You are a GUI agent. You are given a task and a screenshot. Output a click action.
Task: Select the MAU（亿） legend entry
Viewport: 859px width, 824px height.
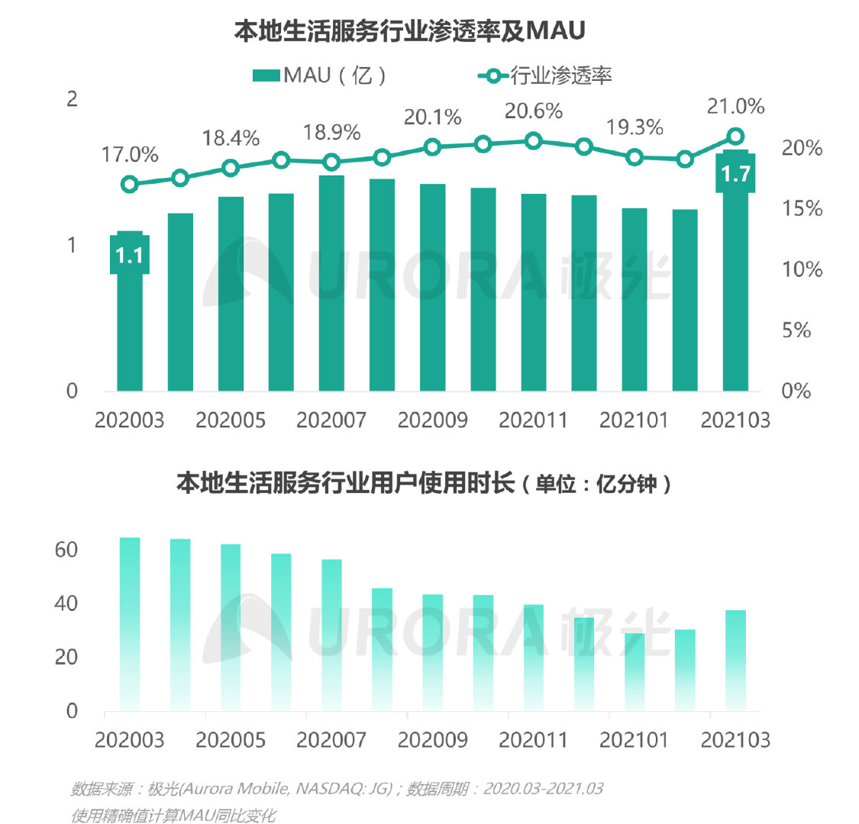pos(321,75)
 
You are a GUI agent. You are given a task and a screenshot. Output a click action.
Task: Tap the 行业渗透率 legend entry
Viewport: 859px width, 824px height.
pos(545,75)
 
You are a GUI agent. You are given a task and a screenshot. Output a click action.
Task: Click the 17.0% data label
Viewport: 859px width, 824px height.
pos(130,155)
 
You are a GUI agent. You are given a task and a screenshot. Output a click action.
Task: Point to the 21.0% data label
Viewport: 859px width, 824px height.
pos(735,106)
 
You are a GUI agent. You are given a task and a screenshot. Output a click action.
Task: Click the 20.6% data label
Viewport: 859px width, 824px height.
pos(534,111)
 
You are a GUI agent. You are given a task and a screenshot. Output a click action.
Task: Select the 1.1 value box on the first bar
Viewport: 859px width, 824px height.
pos(130,254)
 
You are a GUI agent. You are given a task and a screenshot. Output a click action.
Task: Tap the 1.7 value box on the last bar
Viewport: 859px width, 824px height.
pos(735,173)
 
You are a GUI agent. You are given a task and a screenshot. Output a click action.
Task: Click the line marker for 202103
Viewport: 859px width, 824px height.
pos(735,137)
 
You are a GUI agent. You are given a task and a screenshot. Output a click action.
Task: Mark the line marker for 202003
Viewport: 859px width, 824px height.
pos(130,184)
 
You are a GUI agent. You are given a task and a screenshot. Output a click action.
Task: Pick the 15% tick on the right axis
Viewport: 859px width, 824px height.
pos(802,208)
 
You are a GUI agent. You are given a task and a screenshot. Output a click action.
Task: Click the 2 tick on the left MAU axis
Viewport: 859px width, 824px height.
pos(73,99)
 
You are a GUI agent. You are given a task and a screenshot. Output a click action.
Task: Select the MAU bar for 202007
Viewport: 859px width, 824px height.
pos(331,282)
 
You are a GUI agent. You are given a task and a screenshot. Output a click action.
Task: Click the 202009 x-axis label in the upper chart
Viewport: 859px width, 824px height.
pos(432,420)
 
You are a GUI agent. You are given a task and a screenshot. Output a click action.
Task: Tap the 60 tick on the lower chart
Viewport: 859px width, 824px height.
pos(66,549)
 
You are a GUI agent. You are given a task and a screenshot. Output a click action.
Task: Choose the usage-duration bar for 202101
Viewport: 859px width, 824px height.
pos(635,671)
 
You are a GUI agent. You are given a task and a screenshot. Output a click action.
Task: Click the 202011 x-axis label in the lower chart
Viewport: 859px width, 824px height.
pos(533,739)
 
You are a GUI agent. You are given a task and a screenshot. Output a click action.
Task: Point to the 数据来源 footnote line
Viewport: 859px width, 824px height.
pos(337,788)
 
